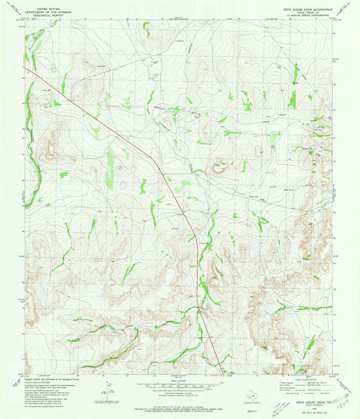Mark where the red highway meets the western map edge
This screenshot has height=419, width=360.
coord(26,67)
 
